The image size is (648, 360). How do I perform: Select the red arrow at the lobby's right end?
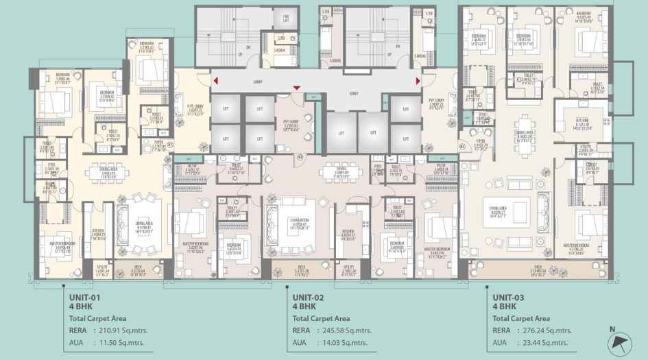[x=418, y=82]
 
